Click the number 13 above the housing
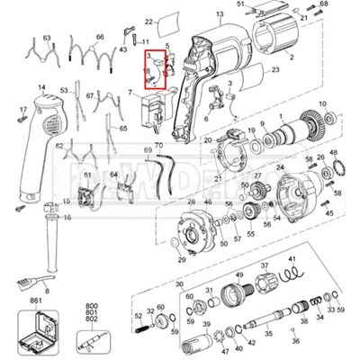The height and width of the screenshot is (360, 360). [x=219, y=15]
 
